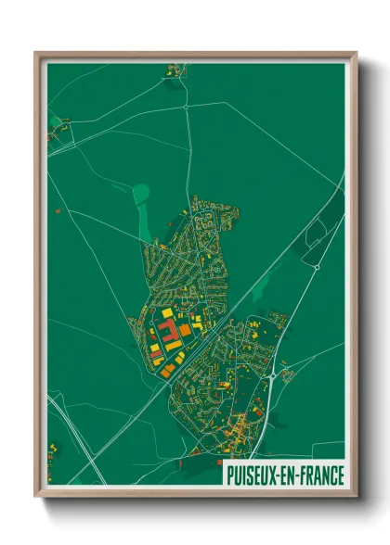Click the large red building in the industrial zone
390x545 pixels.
(x=167, y=333)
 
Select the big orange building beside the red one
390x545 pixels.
(x=185, y=330)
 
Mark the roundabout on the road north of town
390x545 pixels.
(x=187, y=106)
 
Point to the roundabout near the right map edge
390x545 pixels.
(x=317, y=267)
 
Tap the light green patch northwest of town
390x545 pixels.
(x=140, y=194)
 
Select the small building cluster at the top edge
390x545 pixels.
(x=174, y=70)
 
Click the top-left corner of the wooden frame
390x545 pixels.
(x=36, y=53)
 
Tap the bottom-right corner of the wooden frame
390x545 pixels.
(x=356, y=497)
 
